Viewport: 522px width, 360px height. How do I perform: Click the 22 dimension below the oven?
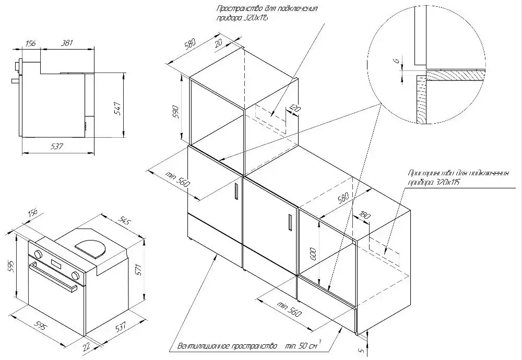(x=87, y=346)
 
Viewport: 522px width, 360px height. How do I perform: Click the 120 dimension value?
(x=294, y=109)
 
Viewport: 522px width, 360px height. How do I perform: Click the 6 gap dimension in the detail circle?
(x=396, y=62)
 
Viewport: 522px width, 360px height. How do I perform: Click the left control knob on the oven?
(x=38, y=254)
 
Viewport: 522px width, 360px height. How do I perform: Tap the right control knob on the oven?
(x=76, y=275)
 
